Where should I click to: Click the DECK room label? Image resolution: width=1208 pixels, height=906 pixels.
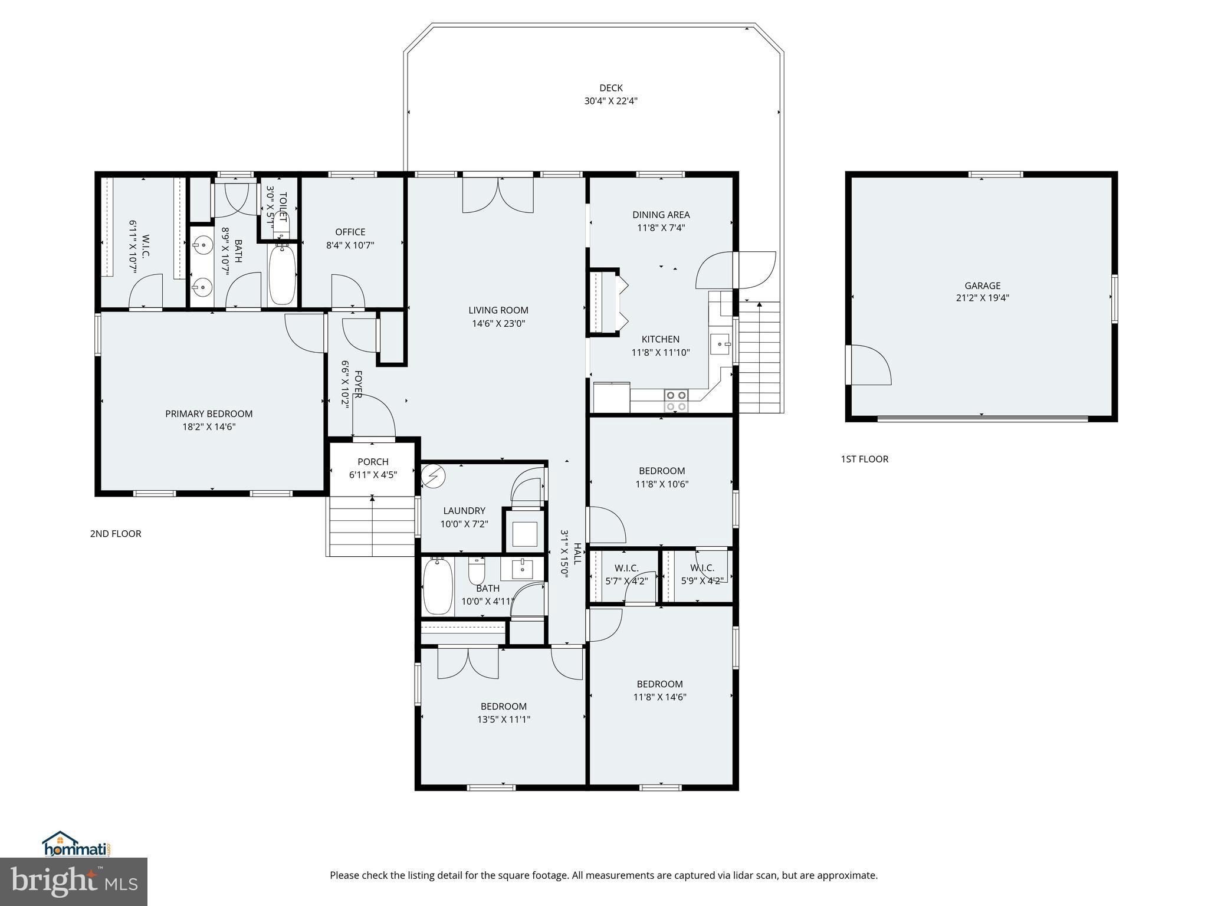[x=610, y=88]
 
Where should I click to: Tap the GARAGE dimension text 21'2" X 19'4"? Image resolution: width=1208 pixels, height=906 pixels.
[x=982, y=298]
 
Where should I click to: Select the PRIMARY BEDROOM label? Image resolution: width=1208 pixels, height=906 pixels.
[x=209, y=414]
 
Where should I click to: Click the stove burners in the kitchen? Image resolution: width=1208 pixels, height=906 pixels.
[x=675, y=401]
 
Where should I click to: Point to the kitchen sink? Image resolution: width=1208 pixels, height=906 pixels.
[x=720, y=344]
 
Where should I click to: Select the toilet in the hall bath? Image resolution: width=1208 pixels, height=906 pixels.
[x=477, y=570]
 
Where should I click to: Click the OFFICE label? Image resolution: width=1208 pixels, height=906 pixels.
[x=350, y=232]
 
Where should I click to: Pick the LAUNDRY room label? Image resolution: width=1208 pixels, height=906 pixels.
[x=464, y=511]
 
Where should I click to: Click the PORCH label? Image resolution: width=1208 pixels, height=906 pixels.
[x=373, y=462]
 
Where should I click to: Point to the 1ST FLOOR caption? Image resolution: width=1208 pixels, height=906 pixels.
[x=864, y=459]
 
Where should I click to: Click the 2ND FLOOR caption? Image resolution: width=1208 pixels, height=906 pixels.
[x=116, y=534]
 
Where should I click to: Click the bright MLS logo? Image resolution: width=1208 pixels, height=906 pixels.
[x=74, y=881]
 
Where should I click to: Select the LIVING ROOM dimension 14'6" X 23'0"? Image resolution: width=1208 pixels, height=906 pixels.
[x=498, y=323]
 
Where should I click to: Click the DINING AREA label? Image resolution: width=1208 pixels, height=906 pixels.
[x=661, y=215]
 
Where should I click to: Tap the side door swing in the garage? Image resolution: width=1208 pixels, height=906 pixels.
[x=868, y=366]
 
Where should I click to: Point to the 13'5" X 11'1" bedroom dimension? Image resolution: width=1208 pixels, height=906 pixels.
[x=503, y=720]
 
